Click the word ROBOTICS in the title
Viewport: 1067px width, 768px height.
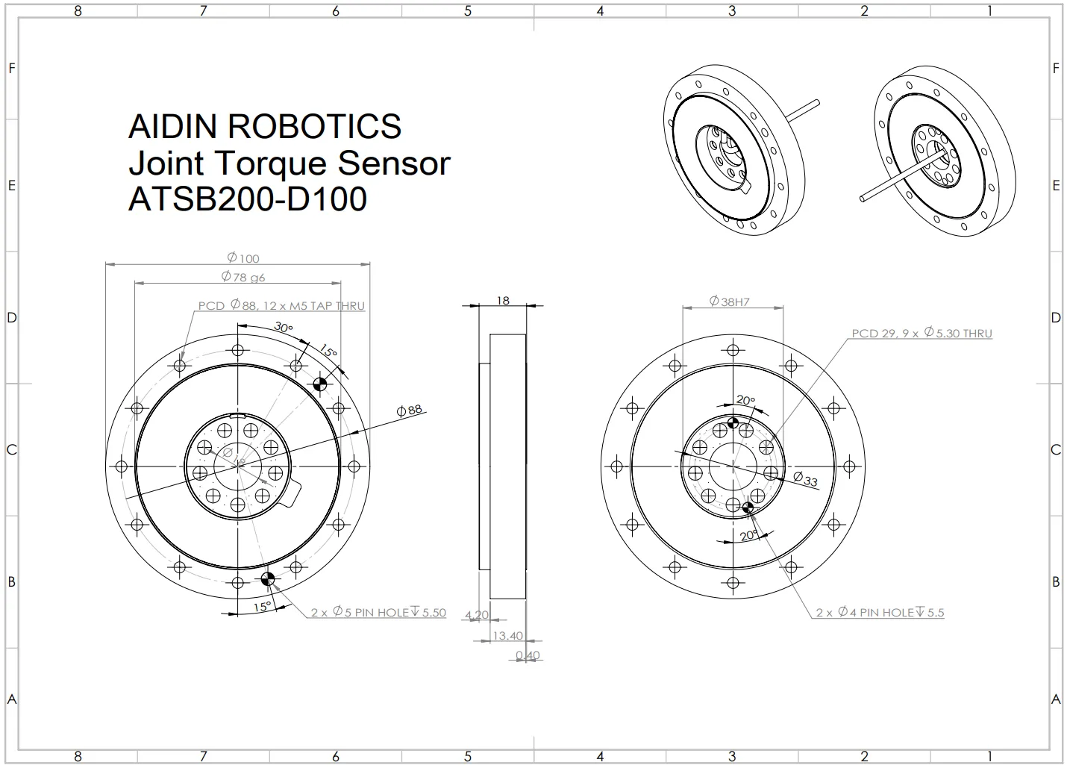coord(314,127)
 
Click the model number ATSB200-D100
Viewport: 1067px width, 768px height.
coord(248,199)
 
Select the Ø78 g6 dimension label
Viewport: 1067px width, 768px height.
coord(243,277)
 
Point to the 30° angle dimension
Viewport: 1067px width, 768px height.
coord(283,327)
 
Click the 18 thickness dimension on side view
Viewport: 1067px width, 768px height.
coord(503,300)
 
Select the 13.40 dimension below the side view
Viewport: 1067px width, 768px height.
coord(507,636)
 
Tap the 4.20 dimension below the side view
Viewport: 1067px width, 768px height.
coord(477,616)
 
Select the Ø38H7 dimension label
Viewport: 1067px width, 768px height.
coord(729,302)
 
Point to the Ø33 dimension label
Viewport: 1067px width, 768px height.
coord(805,479)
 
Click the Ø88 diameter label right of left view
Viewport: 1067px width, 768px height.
coord(410,410)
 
